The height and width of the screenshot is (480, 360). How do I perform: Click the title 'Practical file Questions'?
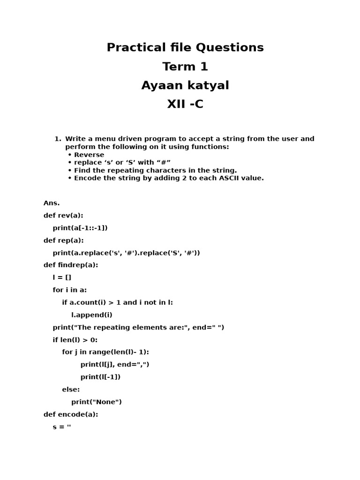pyautogui.click(x=185, y=47)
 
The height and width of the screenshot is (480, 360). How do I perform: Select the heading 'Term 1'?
pyautogui.click(x=185, y=67)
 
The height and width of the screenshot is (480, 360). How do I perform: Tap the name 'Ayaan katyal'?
pyautogui.click(x=185, y=86)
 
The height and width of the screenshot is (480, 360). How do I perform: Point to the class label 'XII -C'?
pyautogui.click(x=185, y=105)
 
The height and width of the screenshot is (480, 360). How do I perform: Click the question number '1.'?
pyautogui.click(x=58, y=139)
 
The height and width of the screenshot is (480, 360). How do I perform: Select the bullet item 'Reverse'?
pyautogui.click(x=89, y=155)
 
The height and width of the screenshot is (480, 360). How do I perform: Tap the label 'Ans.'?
pyautogui.click(x=52, y=203)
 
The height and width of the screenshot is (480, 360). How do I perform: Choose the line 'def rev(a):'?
pyautogui.click(x=63, y=216)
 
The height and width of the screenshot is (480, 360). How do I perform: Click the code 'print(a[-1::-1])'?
pyautogui.click(x=80, y=228)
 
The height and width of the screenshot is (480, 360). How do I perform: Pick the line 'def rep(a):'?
pyautogui.click(x=64, y=240)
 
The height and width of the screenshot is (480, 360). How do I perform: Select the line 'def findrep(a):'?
pyautogui.click(x=71, y=265)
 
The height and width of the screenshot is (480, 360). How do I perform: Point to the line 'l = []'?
pyautogui.click(x=62, y=277)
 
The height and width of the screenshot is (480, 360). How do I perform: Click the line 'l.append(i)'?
pyautogui.click(x=92, y=315)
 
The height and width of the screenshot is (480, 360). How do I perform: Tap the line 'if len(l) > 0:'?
pyautogui.click(x=75, y=340)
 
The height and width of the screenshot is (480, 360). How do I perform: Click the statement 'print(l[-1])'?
pyautogui.click(x=100, y=377)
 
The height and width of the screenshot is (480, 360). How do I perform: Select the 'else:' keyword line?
pyautogui.click(x=71, y=390)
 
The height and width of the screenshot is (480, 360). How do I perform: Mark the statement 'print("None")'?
pyautogui.click(x=97, y=402)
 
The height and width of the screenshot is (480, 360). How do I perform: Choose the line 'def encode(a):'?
pyautogui.click(x=71, y=414)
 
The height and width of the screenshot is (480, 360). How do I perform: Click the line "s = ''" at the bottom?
pyautogui.click(x=62, y=427)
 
